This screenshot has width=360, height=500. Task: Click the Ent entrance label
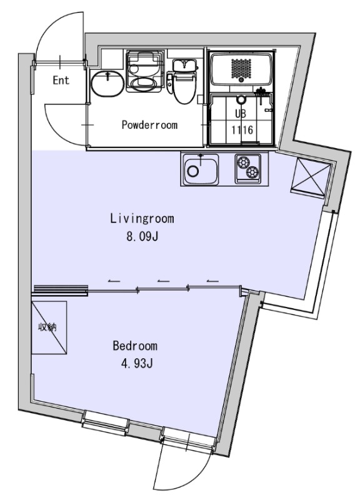tap(61, 80)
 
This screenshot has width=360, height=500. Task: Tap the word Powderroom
tap(149, 124)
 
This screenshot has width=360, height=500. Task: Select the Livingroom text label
tap(142, 219)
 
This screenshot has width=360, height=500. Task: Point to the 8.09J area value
tap(142, 237)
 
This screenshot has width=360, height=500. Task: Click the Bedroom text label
tap(135, 346)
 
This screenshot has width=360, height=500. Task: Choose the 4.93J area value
tap(137, 364)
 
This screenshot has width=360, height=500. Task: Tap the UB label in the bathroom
tap(241, 114)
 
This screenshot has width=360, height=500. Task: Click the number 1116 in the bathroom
tap(242, 130)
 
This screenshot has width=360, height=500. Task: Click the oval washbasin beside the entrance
tap(107, 83)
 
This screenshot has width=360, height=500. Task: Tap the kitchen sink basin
tap(201, 169)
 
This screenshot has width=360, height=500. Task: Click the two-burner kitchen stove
tap(247, 169)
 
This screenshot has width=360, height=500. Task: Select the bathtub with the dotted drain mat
tap(242, 69)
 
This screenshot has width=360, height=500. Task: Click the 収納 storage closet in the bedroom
tap(49, 327)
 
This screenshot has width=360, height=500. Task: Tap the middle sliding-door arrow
tap(163, 281)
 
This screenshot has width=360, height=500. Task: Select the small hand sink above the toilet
tap(184, 66)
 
